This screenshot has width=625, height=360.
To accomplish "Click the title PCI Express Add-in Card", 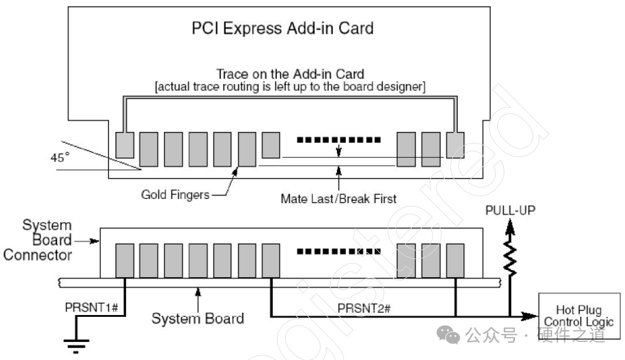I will pos(282,28).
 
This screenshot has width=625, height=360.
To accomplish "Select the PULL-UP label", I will pos(510,209).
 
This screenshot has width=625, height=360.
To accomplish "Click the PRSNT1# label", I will pos(92,307).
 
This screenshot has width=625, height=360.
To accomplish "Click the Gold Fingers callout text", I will pos(175,195).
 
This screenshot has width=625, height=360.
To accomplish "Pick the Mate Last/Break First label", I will pos(338,198).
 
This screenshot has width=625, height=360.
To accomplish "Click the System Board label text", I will pos(198,319).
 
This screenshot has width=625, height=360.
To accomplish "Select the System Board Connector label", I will pos(38,240).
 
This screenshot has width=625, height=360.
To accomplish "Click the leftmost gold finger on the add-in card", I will pos(125,145).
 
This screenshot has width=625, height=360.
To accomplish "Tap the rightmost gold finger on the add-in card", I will pos(455,145).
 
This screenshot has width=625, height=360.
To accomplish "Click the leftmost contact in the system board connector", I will pos(125,260).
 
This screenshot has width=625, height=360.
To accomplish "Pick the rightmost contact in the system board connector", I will pos(455,260).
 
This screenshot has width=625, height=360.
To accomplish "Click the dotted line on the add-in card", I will pos(338,140).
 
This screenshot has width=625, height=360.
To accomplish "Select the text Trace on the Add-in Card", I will pos(290,74).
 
